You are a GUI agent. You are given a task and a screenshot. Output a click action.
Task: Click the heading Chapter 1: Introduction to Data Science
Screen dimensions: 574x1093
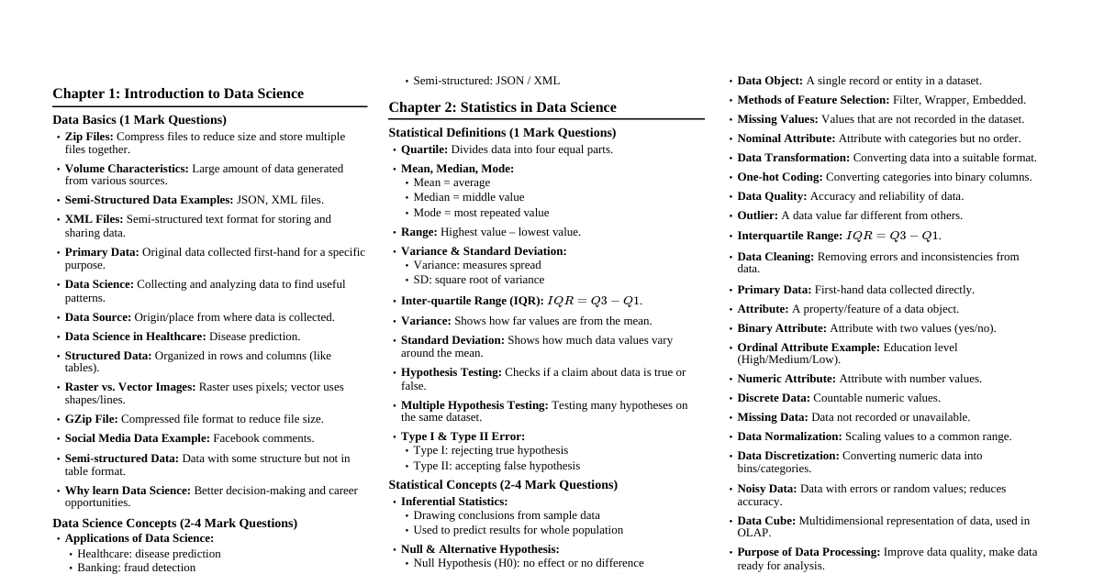(178, 94)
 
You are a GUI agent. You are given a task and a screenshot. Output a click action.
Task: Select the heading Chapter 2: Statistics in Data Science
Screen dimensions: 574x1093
(502, 107)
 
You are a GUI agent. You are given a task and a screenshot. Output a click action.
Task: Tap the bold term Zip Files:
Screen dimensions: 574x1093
(89, 137)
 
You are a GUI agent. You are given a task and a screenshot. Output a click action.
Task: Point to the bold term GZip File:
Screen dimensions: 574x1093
(92, 419)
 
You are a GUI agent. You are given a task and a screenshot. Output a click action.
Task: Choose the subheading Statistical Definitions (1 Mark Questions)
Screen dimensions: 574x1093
(502, 133)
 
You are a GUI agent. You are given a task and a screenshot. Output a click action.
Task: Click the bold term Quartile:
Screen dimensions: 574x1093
(424, 149)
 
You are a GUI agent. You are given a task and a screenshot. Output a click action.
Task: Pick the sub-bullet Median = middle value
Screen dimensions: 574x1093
(468, 197)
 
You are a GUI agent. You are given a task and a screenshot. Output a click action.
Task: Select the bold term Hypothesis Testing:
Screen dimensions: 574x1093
(451, 372)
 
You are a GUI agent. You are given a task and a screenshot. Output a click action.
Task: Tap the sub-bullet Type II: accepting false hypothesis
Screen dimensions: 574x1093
(496, 466)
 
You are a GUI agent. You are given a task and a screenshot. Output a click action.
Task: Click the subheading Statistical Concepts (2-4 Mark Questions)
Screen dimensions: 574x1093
(503, 485)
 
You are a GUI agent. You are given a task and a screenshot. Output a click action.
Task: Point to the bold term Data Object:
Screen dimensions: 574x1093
(769, 81)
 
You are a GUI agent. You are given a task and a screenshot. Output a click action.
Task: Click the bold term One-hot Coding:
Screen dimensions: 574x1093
(780, 177)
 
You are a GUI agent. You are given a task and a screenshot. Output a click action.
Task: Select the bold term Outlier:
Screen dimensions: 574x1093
(757, 215)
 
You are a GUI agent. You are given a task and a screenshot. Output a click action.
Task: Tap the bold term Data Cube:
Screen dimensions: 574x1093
(766, 521)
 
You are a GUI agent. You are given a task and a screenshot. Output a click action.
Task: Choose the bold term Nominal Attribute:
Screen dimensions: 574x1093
(786, 138)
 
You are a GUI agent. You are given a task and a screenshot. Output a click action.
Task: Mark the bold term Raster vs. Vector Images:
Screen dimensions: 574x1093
(129, 387)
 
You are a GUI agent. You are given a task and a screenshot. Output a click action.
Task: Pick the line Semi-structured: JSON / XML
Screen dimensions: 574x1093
(485, 81)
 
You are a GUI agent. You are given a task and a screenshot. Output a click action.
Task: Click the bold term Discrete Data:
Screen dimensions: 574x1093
(773, 398)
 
